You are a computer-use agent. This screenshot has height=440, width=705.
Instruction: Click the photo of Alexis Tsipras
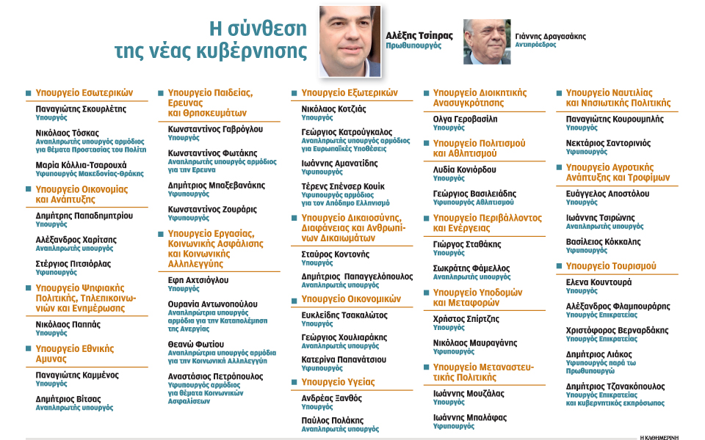point(350,41)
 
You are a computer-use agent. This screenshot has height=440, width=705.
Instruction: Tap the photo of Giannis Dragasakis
point(487,41)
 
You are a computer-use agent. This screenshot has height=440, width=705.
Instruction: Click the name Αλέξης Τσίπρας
point(419,35)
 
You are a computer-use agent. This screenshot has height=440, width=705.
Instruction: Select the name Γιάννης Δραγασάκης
point(551,35)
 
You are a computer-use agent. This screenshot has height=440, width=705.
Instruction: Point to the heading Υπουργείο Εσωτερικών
point(84,93)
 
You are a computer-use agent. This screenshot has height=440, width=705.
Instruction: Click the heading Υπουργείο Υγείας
point(338,382)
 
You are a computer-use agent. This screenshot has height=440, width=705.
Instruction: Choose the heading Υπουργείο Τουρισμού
point(611,266)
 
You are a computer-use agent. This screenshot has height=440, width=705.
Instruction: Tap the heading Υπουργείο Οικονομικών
point(351,299)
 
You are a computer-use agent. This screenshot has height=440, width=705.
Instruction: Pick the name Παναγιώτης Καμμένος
point(76,375)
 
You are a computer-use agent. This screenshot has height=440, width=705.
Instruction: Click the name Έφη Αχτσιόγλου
point(198,279)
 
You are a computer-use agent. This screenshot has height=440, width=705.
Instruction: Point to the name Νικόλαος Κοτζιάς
point(334,109)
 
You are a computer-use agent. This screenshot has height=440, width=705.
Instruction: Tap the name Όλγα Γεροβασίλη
point(465,119)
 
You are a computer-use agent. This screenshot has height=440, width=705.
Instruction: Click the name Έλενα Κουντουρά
point(599,282)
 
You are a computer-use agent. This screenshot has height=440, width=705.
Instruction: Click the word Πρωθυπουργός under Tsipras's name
point(413,45)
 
